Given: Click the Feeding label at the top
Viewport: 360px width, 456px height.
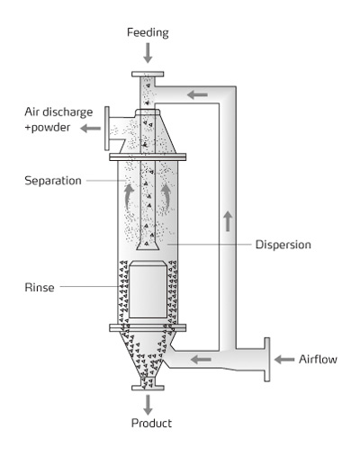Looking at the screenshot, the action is (148, 32).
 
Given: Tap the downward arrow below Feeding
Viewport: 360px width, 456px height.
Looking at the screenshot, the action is (148, 53).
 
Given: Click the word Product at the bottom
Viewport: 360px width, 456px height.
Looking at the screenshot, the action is (151, 423).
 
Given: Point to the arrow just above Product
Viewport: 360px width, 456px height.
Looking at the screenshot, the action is (148, 405).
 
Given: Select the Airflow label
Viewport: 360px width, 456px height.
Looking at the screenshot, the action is (318, 359).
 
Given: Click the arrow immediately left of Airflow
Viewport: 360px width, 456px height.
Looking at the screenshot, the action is (284, 359).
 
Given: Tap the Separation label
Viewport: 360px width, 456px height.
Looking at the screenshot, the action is (53, 181).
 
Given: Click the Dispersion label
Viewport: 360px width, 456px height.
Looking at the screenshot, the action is (283, 245).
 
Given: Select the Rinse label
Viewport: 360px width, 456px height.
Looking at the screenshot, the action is (40, 288).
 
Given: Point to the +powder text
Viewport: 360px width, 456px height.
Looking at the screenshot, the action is (48, 128).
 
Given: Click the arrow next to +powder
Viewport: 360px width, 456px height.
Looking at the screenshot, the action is (91, 129).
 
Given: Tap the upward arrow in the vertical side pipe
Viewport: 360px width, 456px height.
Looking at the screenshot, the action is (228, 221).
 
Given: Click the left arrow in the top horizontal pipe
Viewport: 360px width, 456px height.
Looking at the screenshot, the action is (197, 95).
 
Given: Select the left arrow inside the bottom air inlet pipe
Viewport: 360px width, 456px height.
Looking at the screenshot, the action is (201, 359).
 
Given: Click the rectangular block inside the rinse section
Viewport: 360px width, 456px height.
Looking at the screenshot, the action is (148, 290).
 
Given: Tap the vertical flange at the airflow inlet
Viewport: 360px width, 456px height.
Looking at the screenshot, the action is (267, 360).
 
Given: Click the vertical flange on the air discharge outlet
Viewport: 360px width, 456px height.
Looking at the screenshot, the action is (107, 128).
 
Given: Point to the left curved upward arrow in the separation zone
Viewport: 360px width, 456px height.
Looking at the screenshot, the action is (129, 196).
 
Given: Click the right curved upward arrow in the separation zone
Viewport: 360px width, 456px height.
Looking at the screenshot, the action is (166, 196).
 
